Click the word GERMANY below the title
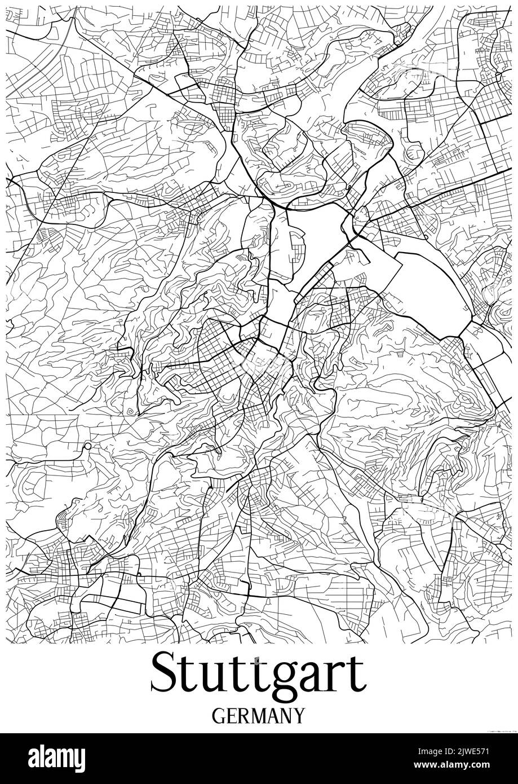pos(259,716)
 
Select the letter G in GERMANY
pos(219,716)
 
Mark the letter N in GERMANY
pos(287,716)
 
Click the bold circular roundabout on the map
pos(87,447)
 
